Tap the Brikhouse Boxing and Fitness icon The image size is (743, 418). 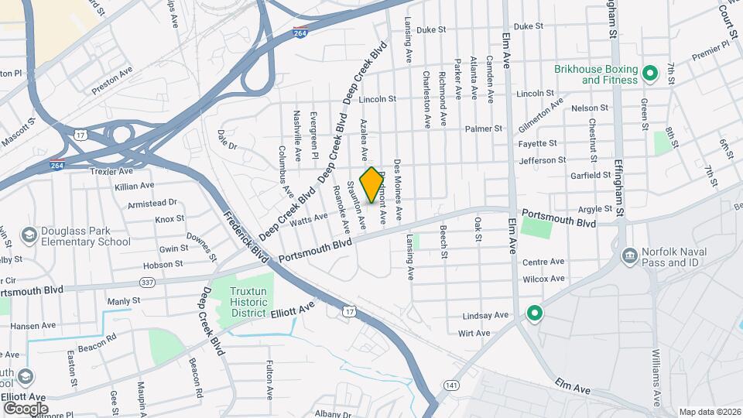tap(650, 74)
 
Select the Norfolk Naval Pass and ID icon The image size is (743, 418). tap(628, 255)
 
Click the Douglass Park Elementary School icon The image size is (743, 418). tap(29, 235)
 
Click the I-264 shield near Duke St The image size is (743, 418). tap(300, 33)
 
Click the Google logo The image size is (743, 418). tap(25, 408)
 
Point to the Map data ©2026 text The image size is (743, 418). tap(708, 411)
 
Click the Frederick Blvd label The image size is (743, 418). tap(245, 237)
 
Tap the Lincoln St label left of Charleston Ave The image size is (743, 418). tap(378, 99)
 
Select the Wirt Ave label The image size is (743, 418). tap(474, 333)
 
